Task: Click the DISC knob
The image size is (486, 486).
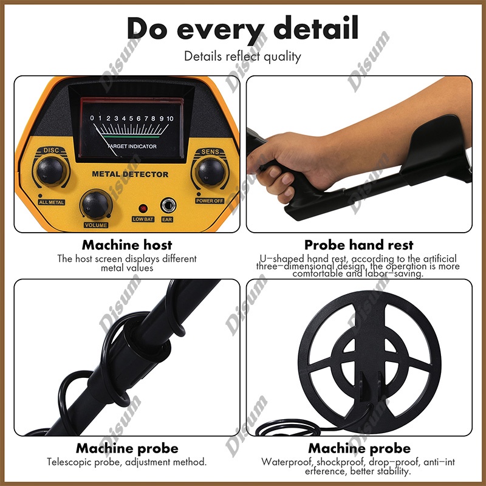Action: (50, 171)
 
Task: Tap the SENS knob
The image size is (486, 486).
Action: (211, 172)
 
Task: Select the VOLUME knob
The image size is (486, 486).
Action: (95, 205)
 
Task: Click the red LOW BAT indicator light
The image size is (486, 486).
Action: (143, 208)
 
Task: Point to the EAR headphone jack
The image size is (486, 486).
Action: (168, 205)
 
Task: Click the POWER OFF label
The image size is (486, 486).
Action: (210, 201)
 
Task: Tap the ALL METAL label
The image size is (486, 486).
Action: (52, 202)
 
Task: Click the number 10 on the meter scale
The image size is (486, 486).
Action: (170, 118)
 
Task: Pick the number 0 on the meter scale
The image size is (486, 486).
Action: (92, 118)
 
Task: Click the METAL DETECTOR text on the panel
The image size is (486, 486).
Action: (130, 174)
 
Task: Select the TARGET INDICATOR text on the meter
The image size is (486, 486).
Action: (132, 146)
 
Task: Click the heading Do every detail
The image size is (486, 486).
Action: (242, 29)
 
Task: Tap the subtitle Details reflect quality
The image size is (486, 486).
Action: (242, 56)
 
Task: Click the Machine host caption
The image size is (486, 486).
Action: (127, 245)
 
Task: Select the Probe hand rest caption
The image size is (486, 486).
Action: (359, 245)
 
